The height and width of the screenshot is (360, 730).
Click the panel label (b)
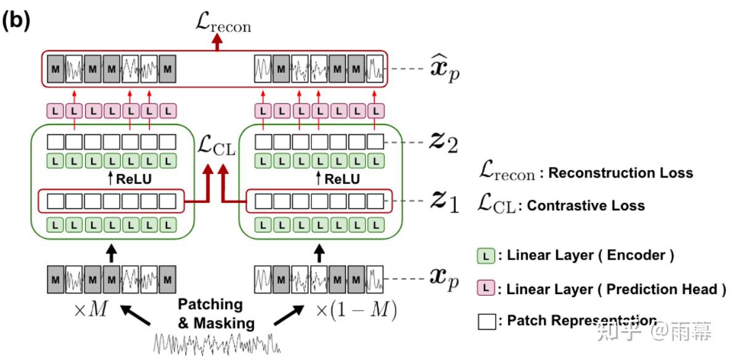pos(17,20)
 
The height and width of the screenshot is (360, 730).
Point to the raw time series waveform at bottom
pos(216,342)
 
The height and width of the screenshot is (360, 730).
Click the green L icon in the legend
pos(485,256)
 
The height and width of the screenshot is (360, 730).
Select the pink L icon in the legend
pos(485,288)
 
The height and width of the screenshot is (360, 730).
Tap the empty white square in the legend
pos(486,321)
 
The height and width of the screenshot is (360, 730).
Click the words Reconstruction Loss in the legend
pos(620,173)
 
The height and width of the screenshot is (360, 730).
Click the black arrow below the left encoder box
pos(111,252)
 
